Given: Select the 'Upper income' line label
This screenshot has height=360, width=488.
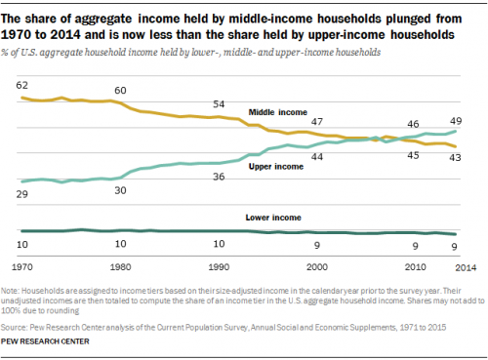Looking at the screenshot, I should tap(276, 167).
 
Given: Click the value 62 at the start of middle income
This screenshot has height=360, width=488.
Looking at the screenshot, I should tap(21, 86).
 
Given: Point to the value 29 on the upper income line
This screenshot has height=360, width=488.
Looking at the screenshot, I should tap(21, 196).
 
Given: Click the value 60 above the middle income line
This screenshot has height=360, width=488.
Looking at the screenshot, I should tap(120, 90).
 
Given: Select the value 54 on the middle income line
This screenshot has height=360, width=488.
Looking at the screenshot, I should tap(219, 103).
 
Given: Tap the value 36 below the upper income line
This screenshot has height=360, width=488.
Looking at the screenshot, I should tap(219, 177).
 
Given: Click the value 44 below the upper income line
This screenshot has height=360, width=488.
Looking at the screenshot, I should tap(317, 156).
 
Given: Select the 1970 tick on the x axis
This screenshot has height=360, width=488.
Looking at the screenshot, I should tap(23, 265).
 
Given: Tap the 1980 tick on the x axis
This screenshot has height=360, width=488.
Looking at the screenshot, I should tap(120, 265).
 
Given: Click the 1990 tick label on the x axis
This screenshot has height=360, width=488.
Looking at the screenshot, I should tap(219, 265).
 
